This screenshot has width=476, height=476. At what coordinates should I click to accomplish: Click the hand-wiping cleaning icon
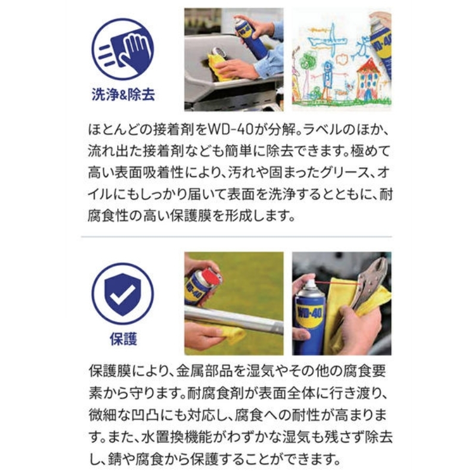coord(123,49)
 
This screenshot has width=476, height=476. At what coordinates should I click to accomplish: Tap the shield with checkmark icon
coord(123,293)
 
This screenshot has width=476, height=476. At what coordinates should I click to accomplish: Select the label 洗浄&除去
coord(123,95)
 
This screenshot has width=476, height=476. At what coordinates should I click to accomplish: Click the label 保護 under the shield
coord(123,339)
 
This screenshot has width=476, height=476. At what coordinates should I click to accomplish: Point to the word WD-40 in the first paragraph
coord(230,130)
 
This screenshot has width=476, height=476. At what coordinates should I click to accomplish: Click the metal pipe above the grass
coord(234,320)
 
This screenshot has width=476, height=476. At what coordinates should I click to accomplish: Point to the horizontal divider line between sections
coord(236,236)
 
